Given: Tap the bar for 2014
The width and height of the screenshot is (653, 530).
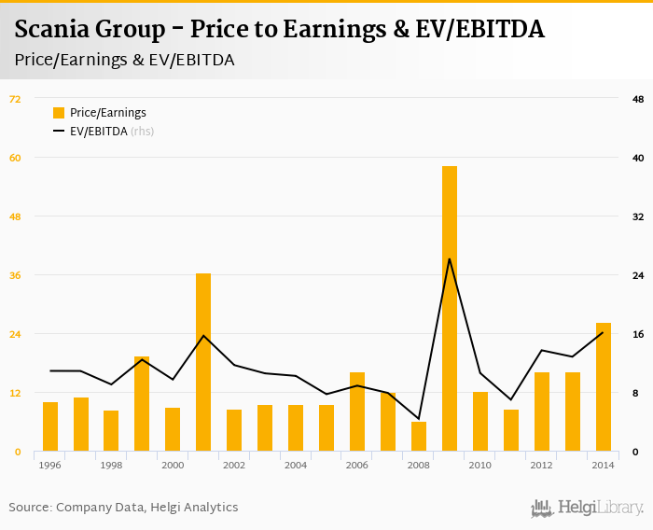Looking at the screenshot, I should tap(604, 387).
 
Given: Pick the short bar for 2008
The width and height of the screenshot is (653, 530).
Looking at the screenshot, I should tap(419, 437).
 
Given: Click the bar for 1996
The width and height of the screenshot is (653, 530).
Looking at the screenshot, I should tap(50, 426).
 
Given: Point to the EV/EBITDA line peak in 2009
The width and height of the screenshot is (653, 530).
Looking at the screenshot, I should tap(450, 258).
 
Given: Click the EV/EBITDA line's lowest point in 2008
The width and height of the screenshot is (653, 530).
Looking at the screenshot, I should tap(419, 419).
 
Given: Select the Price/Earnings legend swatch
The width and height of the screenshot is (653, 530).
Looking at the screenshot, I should tap(59, 113).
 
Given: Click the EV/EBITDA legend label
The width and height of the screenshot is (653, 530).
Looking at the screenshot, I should tap(99, 132).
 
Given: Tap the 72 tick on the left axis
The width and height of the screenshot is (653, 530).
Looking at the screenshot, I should tap(15, 99).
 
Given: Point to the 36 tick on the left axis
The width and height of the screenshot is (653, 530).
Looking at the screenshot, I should tap(15, 275).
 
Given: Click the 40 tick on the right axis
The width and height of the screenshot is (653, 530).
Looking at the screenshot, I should tap(638, 158).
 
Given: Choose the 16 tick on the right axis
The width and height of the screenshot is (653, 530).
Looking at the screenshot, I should tap(638, 334).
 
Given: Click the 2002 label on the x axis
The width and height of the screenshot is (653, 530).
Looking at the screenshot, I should tap(234, 465).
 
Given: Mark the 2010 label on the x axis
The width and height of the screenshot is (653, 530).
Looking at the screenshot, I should tap(480, 465).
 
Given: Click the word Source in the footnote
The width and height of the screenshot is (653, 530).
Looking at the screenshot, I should tap(30, 508).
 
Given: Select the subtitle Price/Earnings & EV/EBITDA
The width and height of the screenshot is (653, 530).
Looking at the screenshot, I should tap(124, 60).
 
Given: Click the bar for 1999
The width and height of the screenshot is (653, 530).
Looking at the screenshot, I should tap(142, 403).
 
